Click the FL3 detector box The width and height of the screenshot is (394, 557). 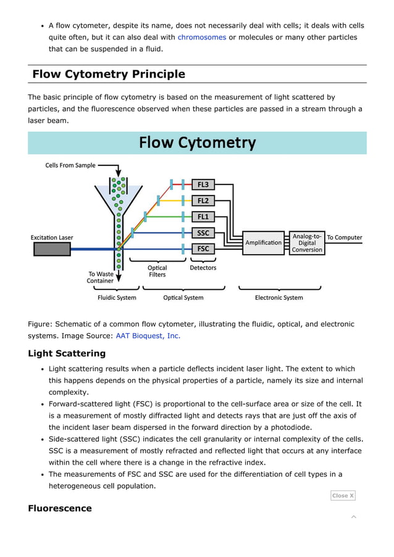point(203,184)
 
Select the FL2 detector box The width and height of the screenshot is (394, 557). point(203,200)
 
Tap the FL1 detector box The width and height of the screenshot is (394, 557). point(203,217)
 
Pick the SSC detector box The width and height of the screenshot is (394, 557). point(203,233)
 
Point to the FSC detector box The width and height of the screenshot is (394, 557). point(203,249)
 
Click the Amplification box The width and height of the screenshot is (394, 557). point(263,242)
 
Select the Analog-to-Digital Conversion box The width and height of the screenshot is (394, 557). point(307,242)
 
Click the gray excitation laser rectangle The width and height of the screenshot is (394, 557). point(52,249)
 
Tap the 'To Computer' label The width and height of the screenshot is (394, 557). point(344,237)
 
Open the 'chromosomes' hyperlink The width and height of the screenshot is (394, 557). point(201,37)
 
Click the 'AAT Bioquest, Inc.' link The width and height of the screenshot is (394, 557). point(148,336)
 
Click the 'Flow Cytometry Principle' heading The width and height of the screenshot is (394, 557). point(109,74)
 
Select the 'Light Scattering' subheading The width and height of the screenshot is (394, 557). point(67,353)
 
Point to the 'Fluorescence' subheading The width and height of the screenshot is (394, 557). point(60,508)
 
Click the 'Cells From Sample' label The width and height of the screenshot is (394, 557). point(70,165)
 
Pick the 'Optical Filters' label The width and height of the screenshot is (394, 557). point(157,271)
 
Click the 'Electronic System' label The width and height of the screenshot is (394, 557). point(279,297)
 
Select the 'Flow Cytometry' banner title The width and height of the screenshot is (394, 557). point(197,143)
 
